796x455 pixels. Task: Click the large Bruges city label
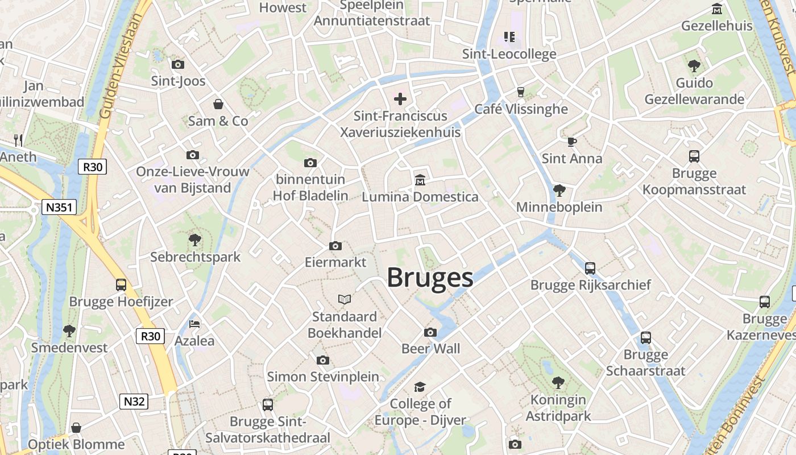click(430, 278)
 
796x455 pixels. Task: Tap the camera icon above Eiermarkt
click(335, 246)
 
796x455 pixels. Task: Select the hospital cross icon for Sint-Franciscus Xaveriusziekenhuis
click(400, 99)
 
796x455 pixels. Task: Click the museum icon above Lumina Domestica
click(420, 180)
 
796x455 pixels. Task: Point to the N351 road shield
click(59, 207)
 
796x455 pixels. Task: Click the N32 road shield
click(134, 402)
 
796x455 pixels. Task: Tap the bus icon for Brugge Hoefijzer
click(121, 284)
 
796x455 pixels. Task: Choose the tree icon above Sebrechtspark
click(195, 239)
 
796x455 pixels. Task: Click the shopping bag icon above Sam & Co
click(218, 104)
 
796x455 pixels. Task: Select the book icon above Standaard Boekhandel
click(345, 299)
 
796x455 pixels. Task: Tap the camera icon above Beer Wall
click(430, 332)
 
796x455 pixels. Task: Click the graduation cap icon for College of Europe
click(420, 387)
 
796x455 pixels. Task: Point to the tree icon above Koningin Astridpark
click(558, 382)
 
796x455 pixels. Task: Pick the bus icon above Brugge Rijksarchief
click(590, 268)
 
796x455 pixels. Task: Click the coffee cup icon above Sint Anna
click(571, 142)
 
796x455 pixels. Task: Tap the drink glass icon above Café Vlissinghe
click(520, 92)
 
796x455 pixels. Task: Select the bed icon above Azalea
click(194, 324)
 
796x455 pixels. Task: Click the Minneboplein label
click(559, 207)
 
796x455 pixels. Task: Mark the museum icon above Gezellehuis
click(717, 9)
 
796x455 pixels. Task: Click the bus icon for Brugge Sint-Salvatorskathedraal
click(268, 405)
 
